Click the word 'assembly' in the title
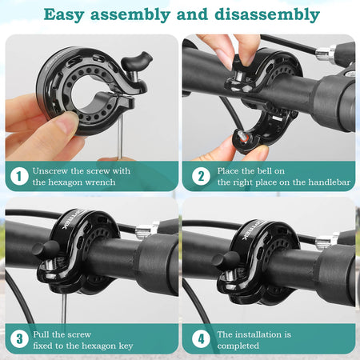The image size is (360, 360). point(130,15)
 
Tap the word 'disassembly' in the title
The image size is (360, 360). point(267,14)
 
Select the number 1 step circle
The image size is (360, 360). point(19,176)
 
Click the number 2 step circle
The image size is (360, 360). point(201,176)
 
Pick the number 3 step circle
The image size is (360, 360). point(19,339)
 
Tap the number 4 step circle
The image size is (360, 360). point(201,339)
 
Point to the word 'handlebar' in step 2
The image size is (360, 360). point(330,182)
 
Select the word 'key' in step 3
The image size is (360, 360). point(126,346)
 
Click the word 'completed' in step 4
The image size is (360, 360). point(238,346)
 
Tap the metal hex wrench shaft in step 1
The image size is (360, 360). point(120,135)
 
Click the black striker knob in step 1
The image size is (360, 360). point(137,61)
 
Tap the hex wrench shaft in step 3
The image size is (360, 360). point(64,308)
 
